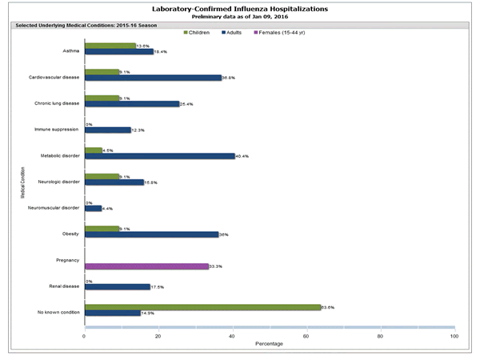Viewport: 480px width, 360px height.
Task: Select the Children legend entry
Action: click(200, 32)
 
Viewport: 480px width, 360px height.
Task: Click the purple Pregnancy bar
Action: click(146, 266)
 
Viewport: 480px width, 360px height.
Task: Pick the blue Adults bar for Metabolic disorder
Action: click(159, 155)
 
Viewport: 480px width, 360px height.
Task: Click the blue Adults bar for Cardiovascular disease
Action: click(152, 78)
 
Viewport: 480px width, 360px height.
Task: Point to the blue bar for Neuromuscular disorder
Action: click(93, 208)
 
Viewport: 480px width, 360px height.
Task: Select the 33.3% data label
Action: click(216, 266)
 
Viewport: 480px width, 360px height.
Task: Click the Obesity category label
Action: click(70, 233)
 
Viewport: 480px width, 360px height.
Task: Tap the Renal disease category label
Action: click(63, 285)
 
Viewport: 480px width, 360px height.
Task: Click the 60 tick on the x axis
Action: click(306, 336)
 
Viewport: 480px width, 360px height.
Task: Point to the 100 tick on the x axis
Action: click(454, 336)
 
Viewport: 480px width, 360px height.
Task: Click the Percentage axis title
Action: click(269, 345)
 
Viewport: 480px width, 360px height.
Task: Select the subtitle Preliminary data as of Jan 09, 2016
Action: click(240, 17)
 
